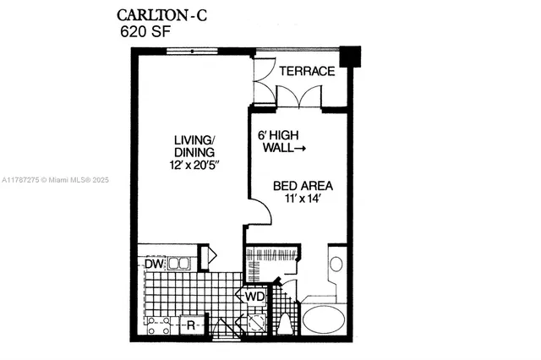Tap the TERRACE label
308,71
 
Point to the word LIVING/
195,139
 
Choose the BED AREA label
302,185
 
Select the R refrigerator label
192,324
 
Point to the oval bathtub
325,319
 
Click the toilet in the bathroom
286,324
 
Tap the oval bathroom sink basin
336,264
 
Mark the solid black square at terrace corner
349,56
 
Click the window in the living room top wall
193,52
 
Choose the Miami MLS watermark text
51,180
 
